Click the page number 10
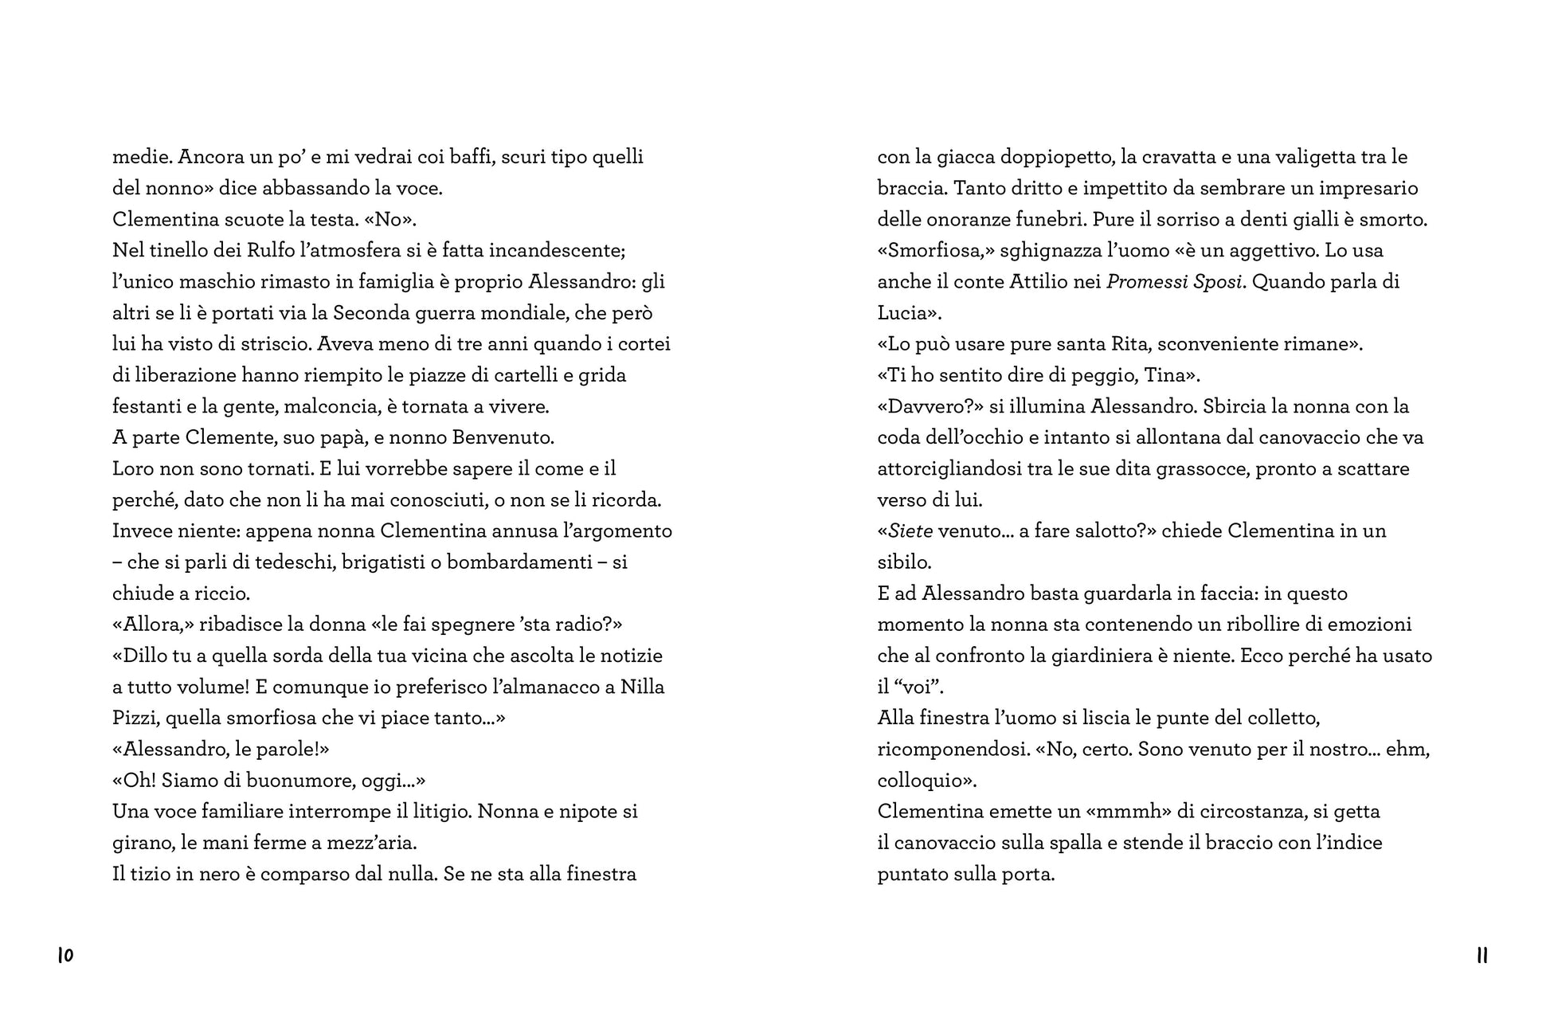pos(65,955)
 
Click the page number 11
pos(1482,955)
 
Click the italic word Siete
pos(910,531)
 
